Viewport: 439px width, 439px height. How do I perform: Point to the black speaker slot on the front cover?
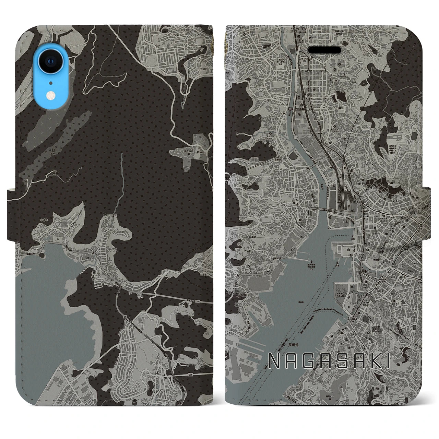(324, 50)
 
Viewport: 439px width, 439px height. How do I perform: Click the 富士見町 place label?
(243, 42)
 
